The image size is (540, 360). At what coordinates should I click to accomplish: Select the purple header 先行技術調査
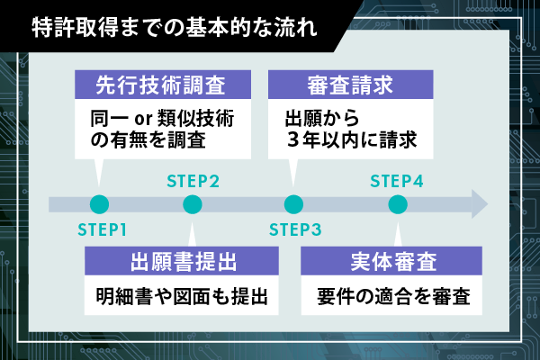point(160,87)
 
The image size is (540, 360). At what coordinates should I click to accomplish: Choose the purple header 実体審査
point(393,263)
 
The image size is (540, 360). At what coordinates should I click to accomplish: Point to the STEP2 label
point(193,180)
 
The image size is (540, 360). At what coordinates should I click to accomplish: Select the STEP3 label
point(294,228)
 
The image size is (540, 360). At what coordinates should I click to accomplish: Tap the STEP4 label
point(397,180)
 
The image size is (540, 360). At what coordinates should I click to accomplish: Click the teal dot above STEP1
point(99,204)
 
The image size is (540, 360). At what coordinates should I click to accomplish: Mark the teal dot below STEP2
point(193,204)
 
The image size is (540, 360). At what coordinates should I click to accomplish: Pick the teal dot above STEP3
point(293,204)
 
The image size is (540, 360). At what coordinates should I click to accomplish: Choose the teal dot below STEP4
point(397,204)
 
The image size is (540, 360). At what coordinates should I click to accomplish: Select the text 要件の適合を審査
point(393,296)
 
